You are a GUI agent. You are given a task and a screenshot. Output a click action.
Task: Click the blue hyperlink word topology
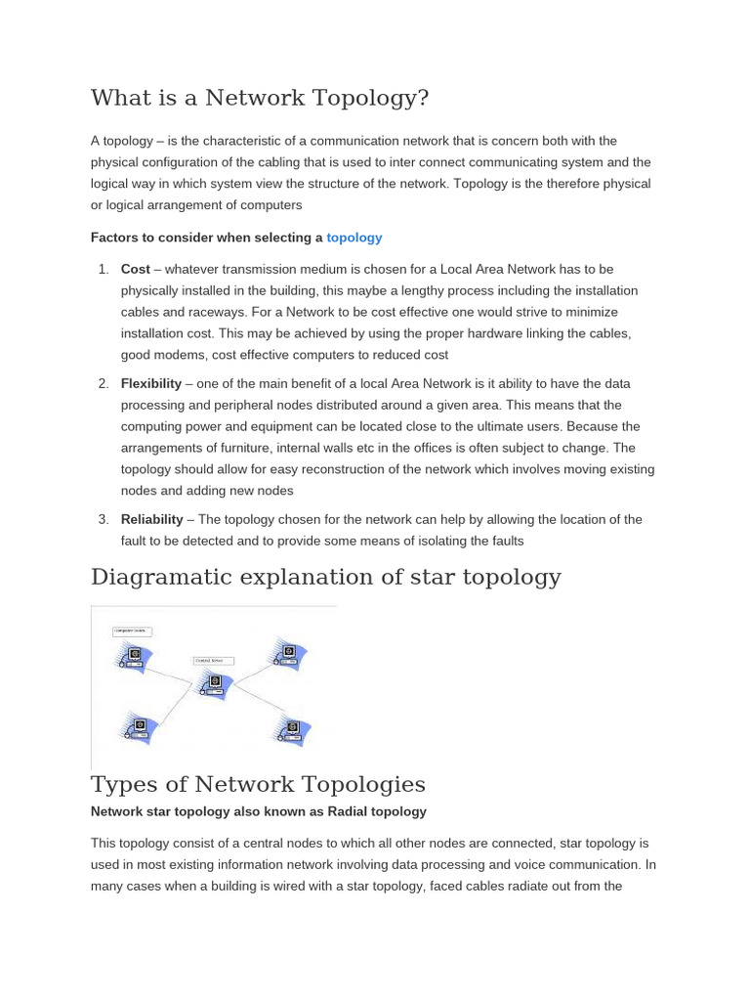point(354,238)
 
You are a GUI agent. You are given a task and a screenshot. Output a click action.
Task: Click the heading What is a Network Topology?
point(260,99)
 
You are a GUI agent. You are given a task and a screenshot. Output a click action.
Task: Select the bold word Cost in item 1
point(135,269)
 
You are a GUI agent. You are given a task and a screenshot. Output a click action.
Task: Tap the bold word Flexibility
point(151,383)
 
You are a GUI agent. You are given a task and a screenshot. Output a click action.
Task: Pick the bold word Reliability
point(151,519)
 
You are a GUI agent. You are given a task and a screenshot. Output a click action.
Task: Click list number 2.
point(103,383)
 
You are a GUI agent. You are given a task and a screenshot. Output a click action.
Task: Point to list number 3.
point(103,519)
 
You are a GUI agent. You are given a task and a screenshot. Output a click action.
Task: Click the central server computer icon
point(210,681)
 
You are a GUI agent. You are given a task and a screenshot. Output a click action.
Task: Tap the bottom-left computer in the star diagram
point(137,728)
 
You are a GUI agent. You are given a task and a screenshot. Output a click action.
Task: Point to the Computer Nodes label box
point(131,632)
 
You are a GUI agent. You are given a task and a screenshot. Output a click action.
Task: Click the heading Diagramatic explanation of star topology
point(325,577)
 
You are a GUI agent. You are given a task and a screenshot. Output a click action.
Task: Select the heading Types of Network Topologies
point(258,784)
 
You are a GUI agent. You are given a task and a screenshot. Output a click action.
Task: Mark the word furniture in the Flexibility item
point(235,448)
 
